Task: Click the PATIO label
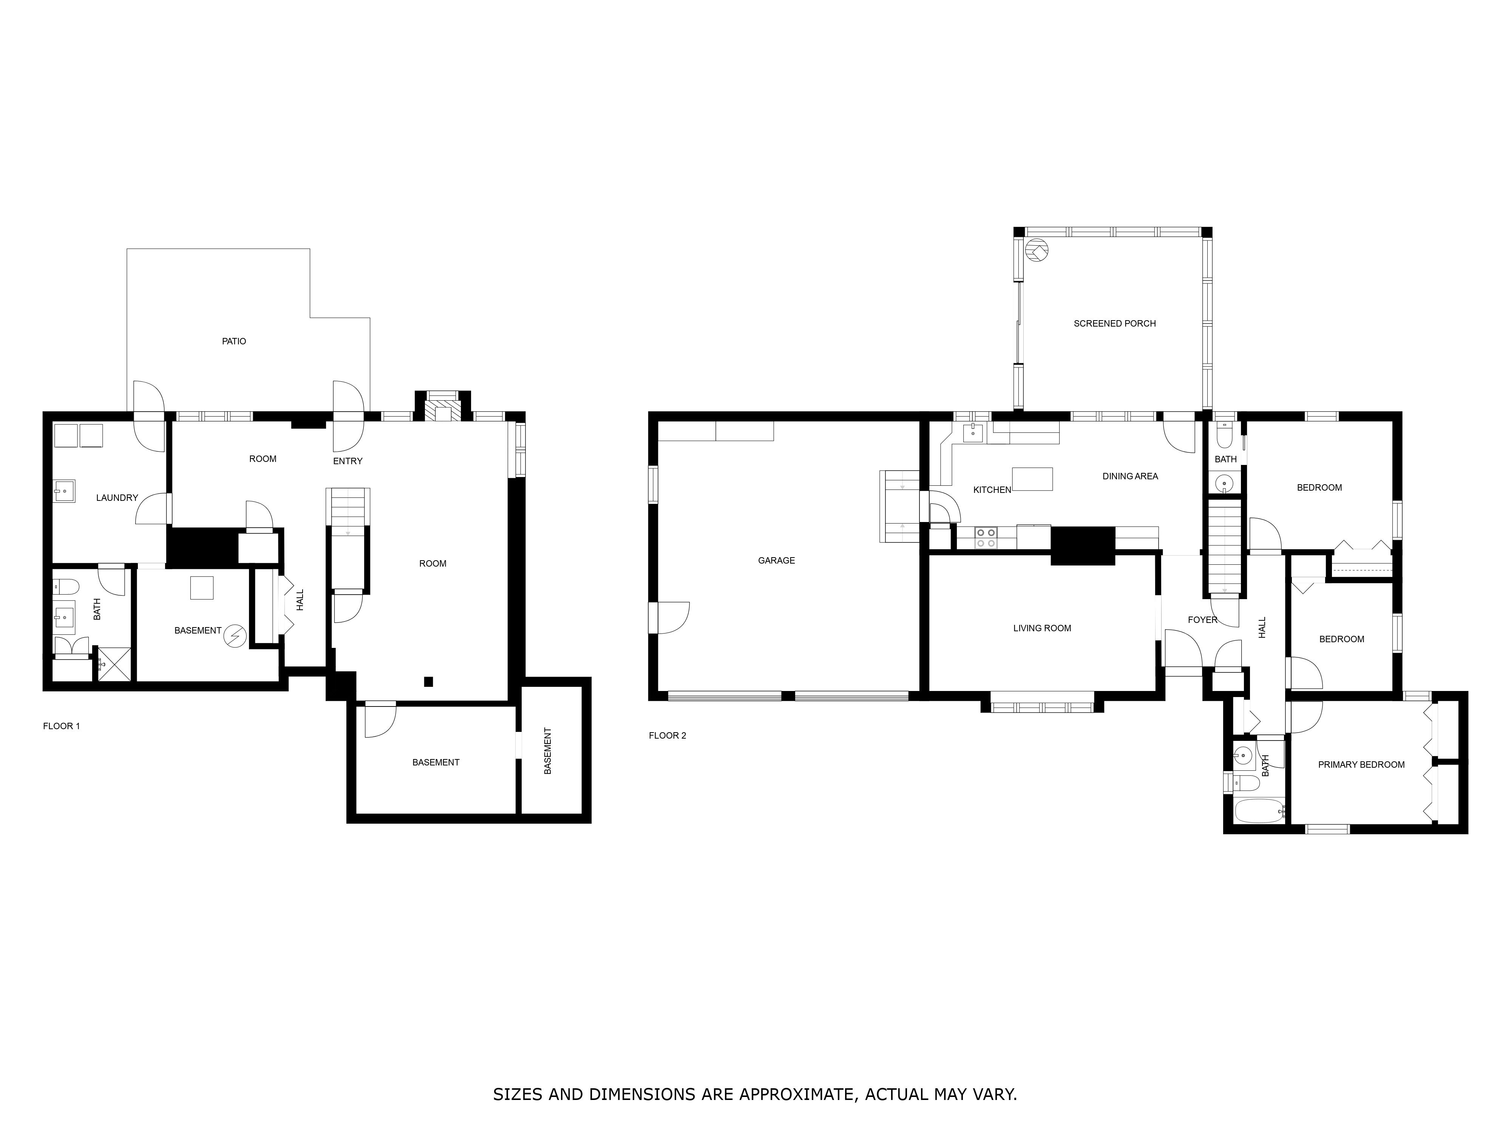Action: pyautogui.click(x=233, y=341)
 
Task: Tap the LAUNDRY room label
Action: pyautogui.click(x=117, y=497)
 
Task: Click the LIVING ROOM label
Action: pyautogui.click(x=1042, y=628)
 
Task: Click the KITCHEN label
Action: pyautogui.click(x=992, y=490)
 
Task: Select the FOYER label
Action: pyautogui.click(x=1202, y=620)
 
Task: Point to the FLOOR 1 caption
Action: pyautogui.click(x=62, y=726)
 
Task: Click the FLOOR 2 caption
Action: pyautogui.click(x=667, y=736)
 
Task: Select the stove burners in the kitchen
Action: pyautogui.click(x=986, y=537)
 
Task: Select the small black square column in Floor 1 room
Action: pyautogui.click(x=428, y=682)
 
